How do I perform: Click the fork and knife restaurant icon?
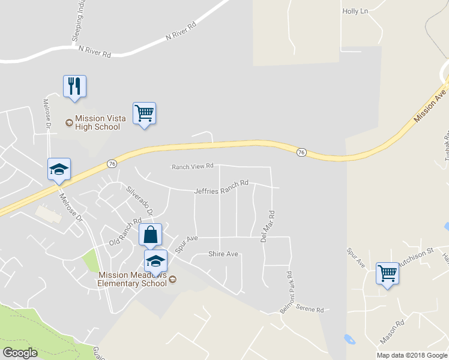pyautogui.click(x=74, y=86)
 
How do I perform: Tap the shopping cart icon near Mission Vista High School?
pyautogui.click(x=144, y=113)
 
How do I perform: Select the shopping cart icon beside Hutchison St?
pyautogui.click(x=388, y=274)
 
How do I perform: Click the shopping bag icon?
pyautogui.click(x=151, y=235)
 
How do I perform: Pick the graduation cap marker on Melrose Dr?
pyautogui.click(x=59, y=169)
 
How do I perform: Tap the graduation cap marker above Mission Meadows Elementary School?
pyautogui.click(x=155, y=260)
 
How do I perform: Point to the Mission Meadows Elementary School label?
pyautogui.click(x=132, y=279)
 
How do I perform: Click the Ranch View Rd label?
pyautogui.click(x=193, y=166)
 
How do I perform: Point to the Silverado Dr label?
pyautogui.click(x=140, y=201)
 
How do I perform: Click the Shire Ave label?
pyautogui.click(x=223, y=254)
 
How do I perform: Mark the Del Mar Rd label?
pyautogui.click(x=267, y=226)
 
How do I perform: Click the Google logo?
pyautogui.click(x=20, y=352)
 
